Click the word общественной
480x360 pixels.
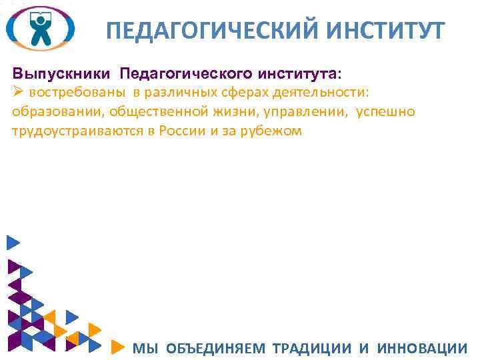(x=145, y=111)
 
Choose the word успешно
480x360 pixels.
(x=385, y=111)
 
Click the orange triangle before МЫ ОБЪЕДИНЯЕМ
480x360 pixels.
(x=117, y=347)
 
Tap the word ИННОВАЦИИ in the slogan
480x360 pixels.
(x=422, y=348)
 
